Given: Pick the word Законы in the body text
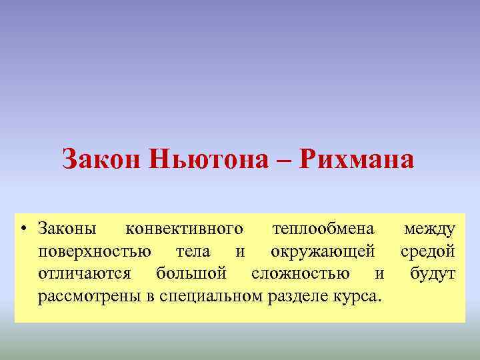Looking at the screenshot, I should (x=67, y=229).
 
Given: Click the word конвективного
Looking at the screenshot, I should (x=184, y=229).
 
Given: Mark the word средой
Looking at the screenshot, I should (x=428, y=251).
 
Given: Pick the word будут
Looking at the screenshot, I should (x=433, y=273).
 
